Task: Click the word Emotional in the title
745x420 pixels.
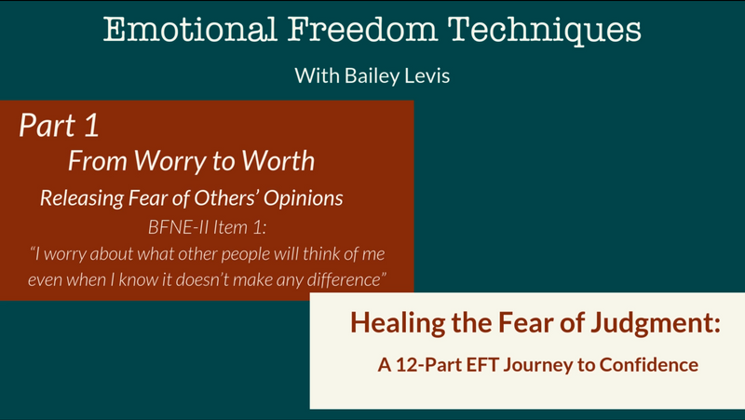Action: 190,29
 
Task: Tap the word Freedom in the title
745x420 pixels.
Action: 362,29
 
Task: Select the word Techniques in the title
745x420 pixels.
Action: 545,30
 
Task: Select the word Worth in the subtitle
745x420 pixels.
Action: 278,160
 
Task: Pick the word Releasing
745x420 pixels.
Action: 83,198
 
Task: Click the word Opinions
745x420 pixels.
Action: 304,198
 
